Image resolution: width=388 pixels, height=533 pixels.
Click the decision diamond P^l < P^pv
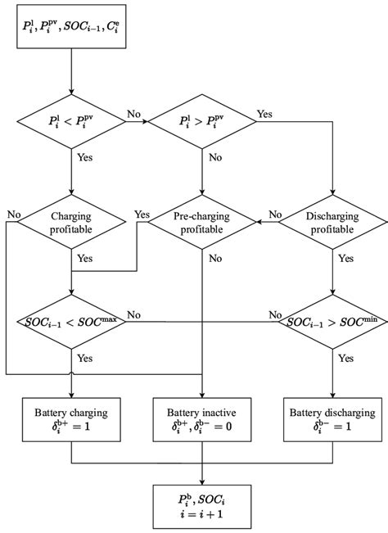pos(73,123)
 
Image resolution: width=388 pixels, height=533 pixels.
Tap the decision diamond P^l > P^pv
pos(203,123)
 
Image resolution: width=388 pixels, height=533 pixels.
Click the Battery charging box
pos(73,418)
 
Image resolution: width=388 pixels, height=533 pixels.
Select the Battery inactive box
pos(203,418)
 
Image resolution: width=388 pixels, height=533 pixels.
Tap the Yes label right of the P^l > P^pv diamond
pos(265,114)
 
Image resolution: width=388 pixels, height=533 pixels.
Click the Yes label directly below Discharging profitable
pos(346,258)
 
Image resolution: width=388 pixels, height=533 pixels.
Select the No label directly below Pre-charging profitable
pos(215,259)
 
